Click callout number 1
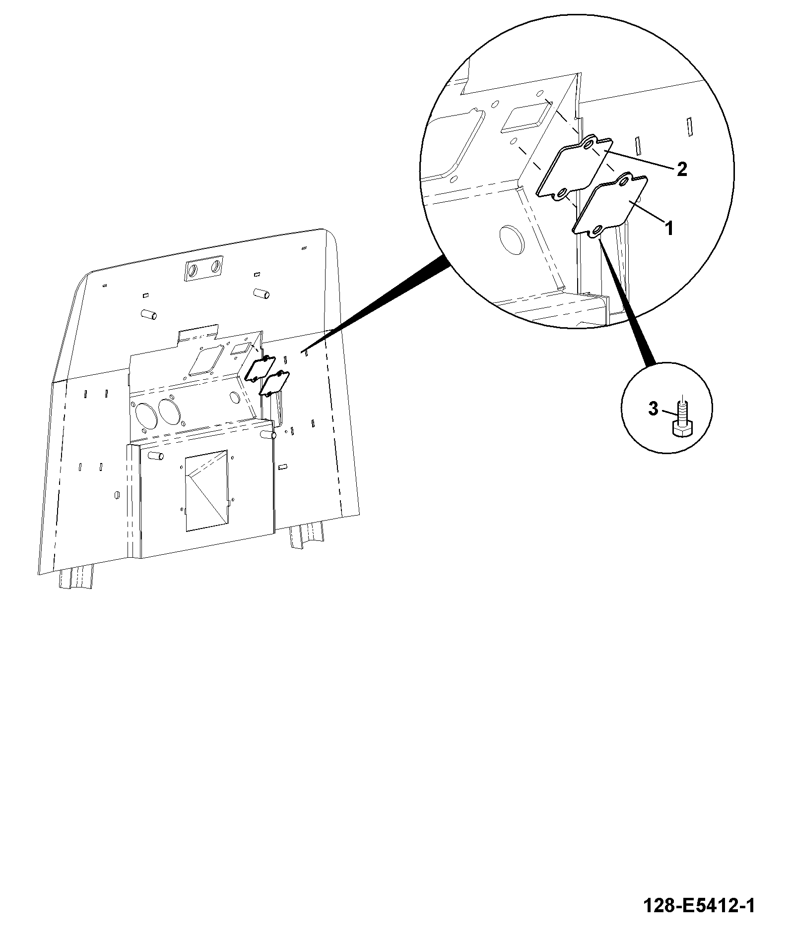point(668,229)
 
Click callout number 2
point(682,169)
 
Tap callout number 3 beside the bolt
point(653,409)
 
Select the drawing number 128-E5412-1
point(699,906)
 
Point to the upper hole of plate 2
point(589,144)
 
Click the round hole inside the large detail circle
point(511,240)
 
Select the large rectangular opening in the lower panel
point(206,490)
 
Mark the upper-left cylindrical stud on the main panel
point(148,314)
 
